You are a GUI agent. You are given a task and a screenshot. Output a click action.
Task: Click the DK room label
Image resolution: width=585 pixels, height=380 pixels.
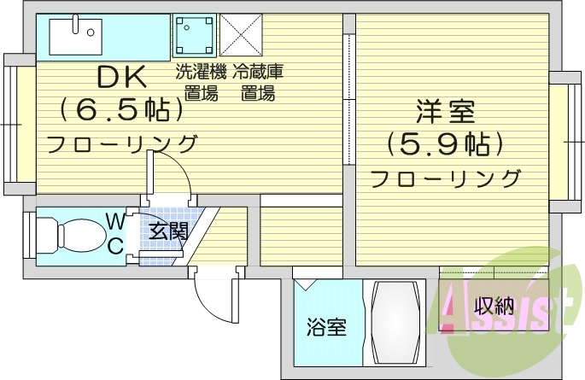(x=122, y=78)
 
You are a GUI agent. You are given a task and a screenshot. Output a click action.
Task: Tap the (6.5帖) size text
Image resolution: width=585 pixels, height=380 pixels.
(x=122, y=110)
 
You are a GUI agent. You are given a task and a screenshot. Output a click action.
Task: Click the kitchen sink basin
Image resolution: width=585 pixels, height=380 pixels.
(x=74, y=35)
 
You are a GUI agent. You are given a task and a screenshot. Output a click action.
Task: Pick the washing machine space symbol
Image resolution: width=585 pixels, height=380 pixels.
(x=194, y=35)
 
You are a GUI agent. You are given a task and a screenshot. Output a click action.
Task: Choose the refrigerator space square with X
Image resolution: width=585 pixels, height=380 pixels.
(x=240, y=35)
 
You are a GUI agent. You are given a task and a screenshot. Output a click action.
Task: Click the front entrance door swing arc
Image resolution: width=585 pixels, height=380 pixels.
(x=209, y=295)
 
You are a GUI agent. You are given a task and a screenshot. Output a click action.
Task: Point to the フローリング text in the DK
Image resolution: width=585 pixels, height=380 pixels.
(x=122, y=143)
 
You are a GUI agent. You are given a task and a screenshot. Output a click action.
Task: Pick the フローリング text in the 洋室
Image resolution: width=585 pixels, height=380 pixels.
(x=445, y=179)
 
